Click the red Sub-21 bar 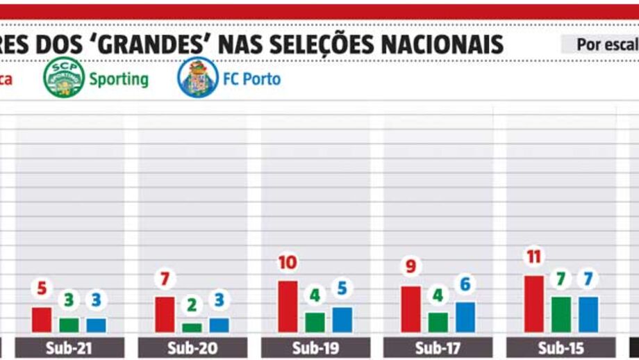point(42,320)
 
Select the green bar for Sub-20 point(192,327)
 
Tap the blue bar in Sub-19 point(342,320)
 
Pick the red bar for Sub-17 point(410,309)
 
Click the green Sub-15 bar point(561,314)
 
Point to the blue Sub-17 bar point(465,317)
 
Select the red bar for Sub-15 point(534,304)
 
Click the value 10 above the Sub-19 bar point(288,263)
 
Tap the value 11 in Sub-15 point(533,257)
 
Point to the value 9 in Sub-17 point(410,268)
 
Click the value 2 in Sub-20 point(192,305)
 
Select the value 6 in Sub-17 point(465,284)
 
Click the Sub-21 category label point(69,347)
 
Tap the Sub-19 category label point(315,347)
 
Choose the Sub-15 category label point(561,347)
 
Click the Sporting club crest point(64,78)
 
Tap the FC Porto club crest point(198,78)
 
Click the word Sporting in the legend point(119,79)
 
